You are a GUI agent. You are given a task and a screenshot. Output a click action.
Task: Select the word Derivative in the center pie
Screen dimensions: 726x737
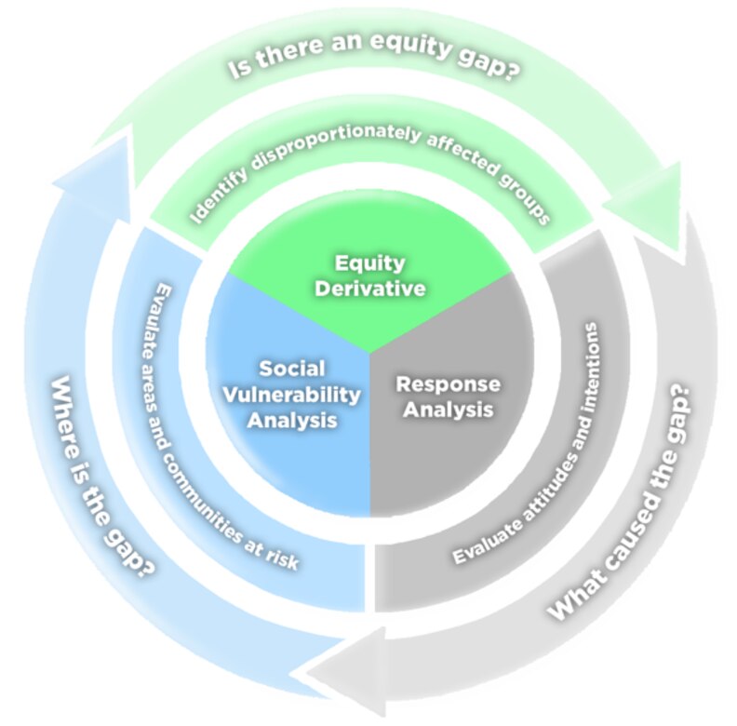point(369,289)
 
